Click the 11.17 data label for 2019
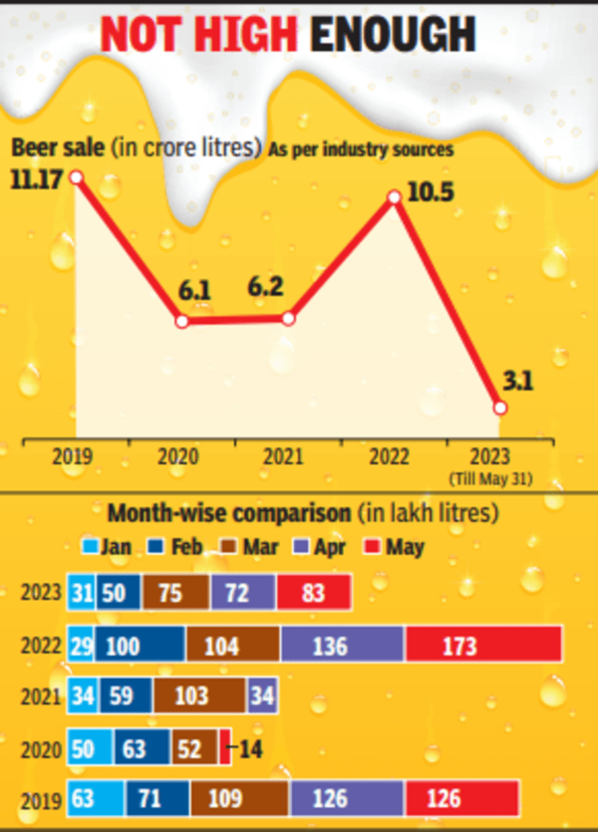(36, 178)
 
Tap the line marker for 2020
(181, 321)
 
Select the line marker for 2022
(394, 197)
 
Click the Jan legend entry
(112, 547)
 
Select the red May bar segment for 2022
(483, 645)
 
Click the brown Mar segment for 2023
(175, 592)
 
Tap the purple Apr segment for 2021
(261, 695)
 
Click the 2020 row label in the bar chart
(41, 747)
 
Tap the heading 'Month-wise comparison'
(226, 514)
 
